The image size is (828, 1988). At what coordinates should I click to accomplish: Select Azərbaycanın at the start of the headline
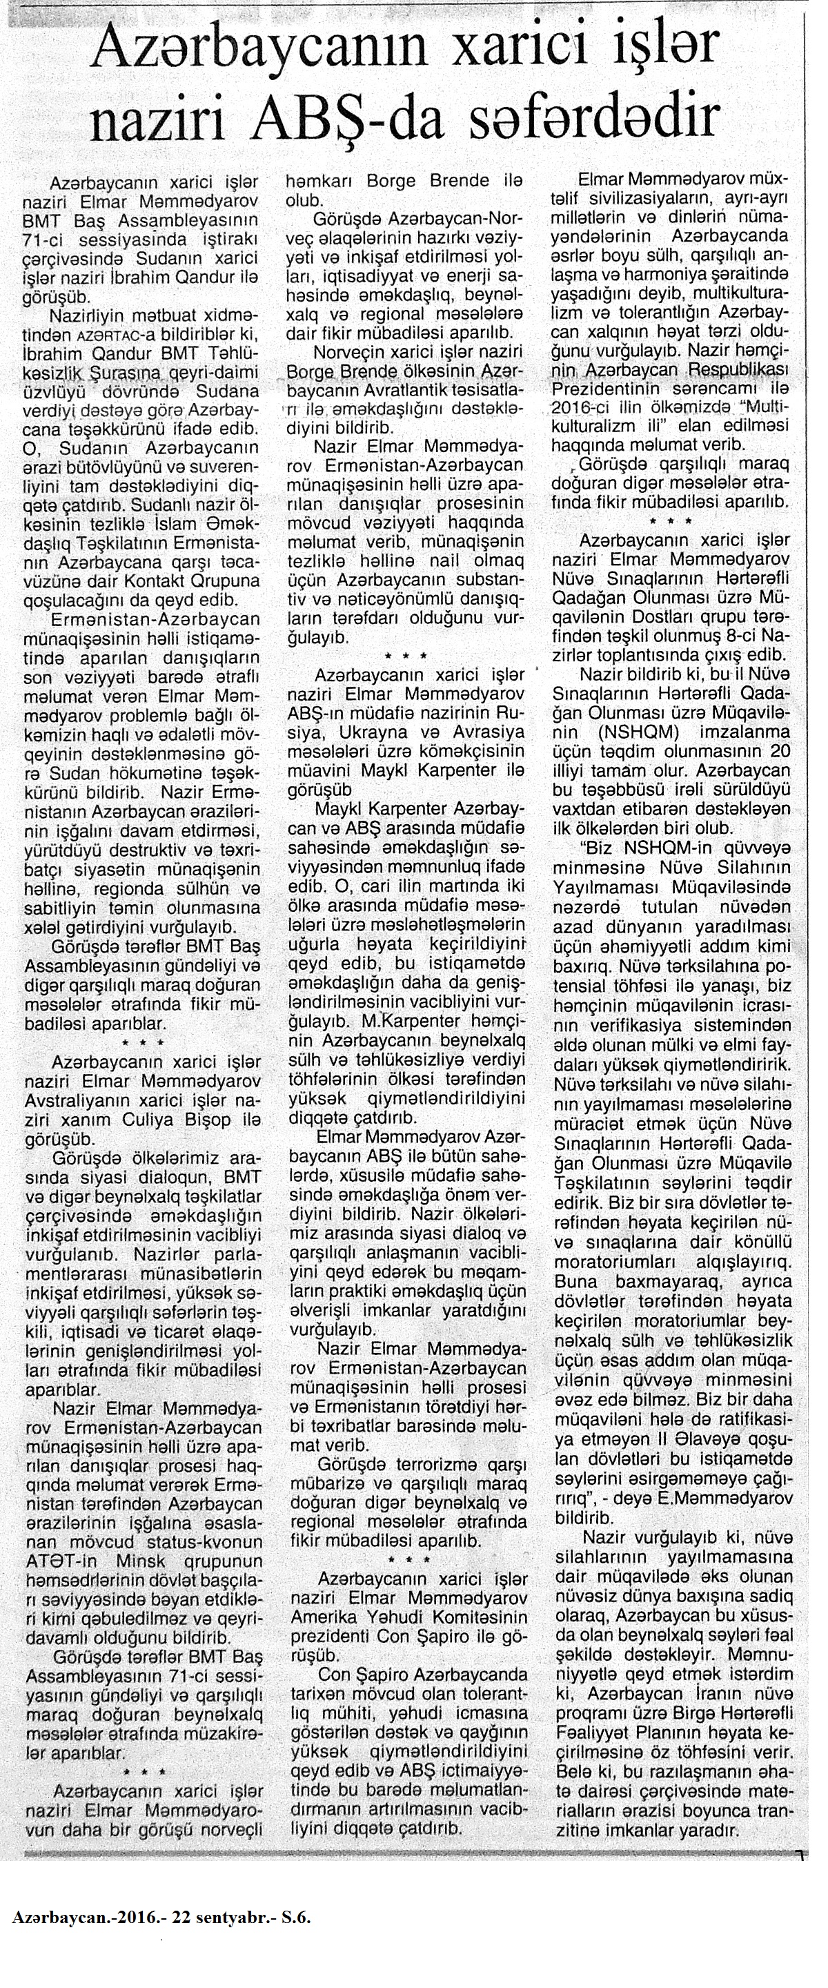250,51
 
